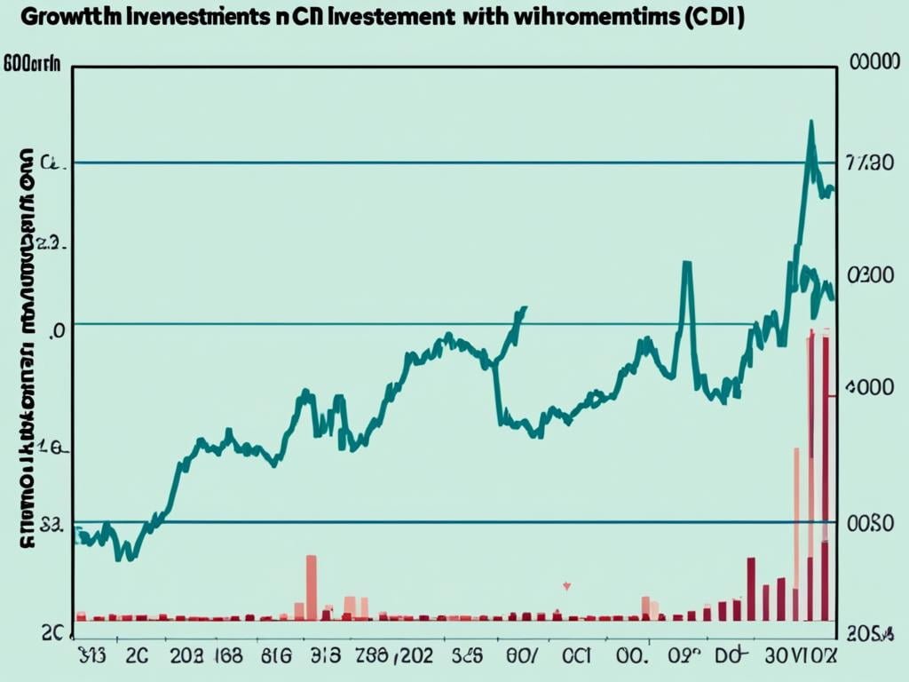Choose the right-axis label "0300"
[871, 276]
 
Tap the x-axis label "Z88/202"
[386, 658]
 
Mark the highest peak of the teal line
[810, 122]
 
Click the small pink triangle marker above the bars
[566, 586]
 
